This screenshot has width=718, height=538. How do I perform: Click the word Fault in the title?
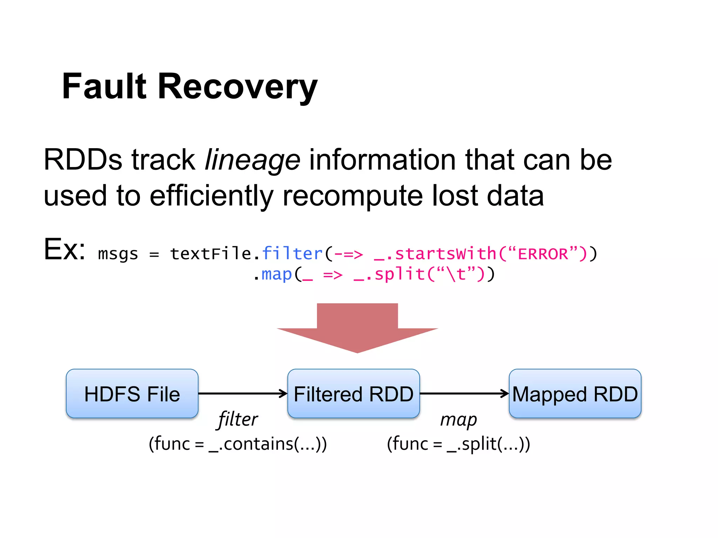[x=104, y=86]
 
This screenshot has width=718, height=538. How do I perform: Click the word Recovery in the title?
[x=237, y=87]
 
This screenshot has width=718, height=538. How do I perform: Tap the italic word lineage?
[x=252, y=160]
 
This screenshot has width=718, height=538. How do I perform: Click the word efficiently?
[x=211, y=196]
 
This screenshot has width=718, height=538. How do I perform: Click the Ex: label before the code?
[x=65, y=249]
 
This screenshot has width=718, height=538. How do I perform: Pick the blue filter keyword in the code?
[x=292, y=253]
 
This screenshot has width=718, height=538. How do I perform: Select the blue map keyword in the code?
[x=276, y=274]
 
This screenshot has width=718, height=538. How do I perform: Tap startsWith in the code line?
[x=445, y=254]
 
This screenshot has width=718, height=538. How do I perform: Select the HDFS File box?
[x=132, y=394]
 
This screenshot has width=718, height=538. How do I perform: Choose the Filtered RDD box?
[x=353, y=394]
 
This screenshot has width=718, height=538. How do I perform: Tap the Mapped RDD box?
[x=575, y=394]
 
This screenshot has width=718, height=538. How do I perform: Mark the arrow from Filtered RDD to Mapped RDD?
[x=464, y=394]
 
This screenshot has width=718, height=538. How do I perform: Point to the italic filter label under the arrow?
[x=238, y=419]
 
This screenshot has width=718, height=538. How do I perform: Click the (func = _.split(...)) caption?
[x=458, y=444]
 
